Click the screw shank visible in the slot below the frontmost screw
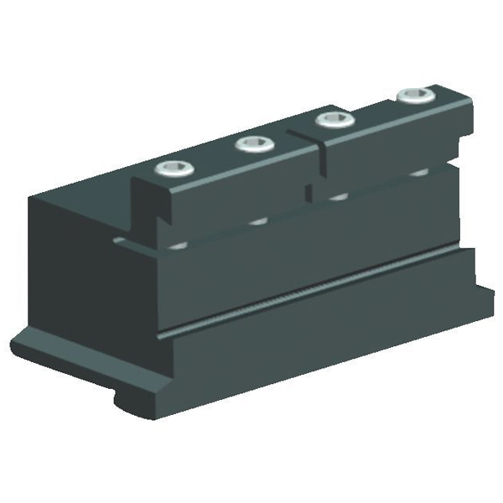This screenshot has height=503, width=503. pyautogui.click(x=179, y=245)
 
